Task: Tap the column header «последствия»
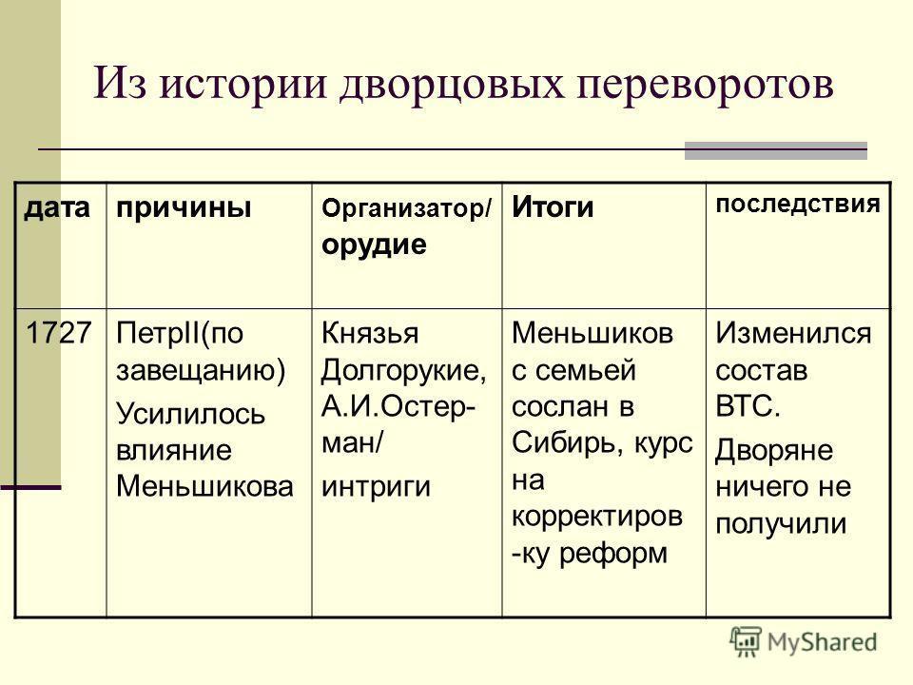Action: [796, 205]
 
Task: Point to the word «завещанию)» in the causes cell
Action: [200, 368]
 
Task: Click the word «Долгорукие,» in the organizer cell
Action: [403, 368]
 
